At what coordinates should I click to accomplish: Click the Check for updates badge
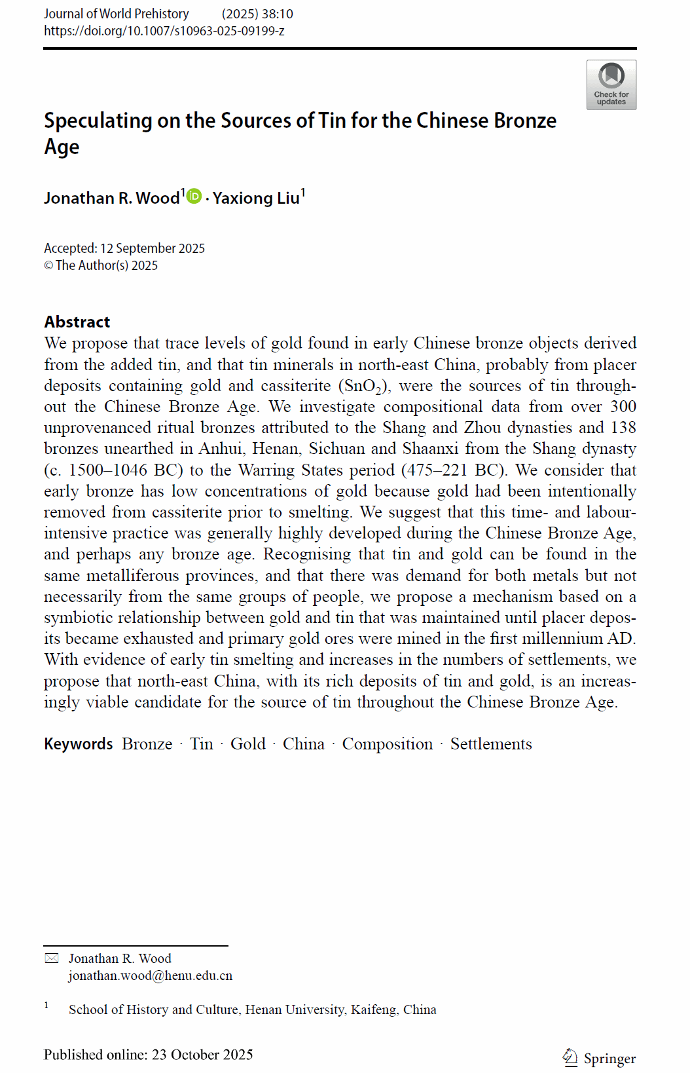[611, 85]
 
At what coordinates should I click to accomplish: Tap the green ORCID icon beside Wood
[194, 196]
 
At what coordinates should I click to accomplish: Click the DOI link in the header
[164, 31]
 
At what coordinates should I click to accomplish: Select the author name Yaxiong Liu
[256, 198]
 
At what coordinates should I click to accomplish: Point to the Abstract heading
[77, 322]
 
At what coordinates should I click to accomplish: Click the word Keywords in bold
[79, 744]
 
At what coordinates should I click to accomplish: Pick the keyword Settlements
[491, 744]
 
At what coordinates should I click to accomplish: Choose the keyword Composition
[388, 744]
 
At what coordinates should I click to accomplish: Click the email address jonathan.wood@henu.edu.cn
[151, 975]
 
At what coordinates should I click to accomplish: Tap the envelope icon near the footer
[52, 958]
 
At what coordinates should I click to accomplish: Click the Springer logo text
[609, 1059]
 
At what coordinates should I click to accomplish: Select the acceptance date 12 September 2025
[153, 248]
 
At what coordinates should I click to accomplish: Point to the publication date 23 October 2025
[202, 1055]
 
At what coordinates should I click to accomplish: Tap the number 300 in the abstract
[623, 407]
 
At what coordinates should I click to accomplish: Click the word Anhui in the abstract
[221, 449]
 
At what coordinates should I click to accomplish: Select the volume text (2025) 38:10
[257, 14]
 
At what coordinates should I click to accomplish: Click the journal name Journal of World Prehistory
[117, 14]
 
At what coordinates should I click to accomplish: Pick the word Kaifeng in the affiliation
[373, 1009]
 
